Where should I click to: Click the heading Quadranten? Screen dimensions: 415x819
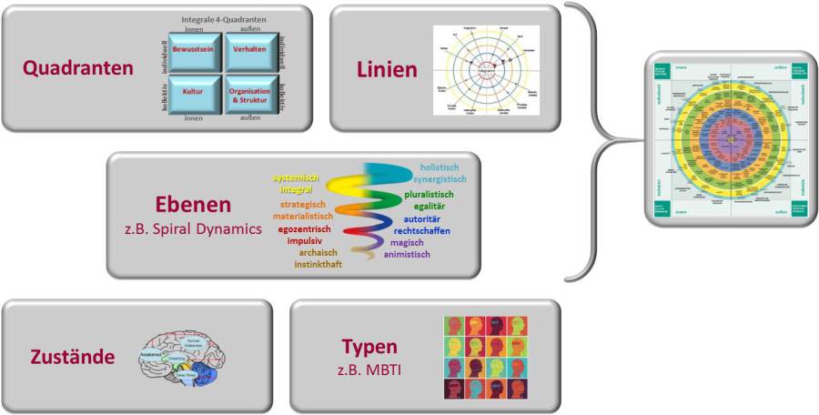click(x=78, y=68)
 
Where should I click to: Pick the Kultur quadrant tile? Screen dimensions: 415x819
click(x=192, y=94)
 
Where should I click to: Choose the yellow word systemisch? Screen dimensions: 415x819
click(x=301, y=178)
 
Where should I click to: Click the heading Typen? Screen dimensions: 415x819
click(x=369, y=347)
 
